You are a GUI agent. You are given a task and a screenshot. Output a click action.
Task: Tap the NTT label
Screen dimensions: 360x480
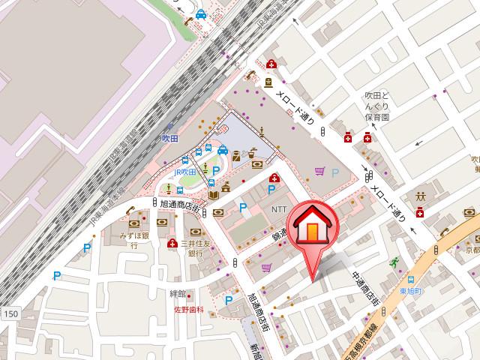[279, 209]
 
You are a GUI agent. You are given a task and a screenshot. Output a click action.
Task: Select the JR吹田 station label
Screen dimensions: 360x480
[184, 172]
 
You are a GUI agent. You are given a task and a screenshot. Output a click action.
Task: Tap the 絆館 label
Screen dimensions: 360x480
[178, 293]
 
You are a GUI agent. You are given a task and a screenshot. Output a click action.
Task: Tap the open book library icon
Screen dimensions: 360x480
[214, 195]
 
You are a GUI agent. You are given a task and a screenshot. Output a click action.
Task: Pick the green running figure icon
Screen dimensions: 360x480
[393, 262]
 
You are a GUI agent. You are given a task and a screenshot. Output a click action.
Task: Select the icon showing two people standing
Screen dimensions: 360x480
[420, 196]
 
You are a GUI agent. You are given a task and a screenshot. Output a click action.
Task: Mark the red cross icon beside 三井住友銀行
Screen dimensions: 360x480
[173, 243]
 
